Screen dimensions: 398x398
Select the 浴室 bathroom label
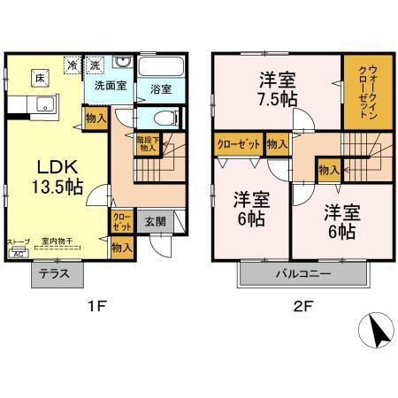tap(160, 88)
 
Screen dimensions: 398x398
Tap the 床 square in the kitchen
tap(40, 77)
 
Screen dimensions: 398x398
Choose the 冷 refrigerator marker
tap(71, 65)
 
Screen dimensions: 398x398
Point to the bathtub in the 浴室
tap(161, 66)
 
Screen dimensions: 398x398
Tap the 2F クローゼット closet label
tap(237, 142)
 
